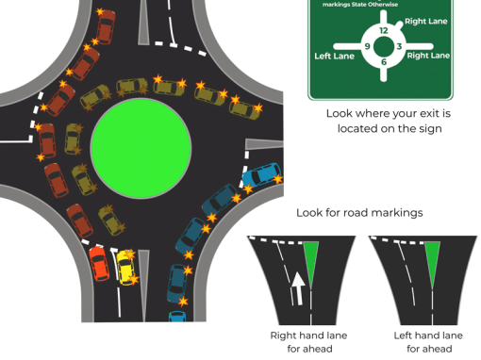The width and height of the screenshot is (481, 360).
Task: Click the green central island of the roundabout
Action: (141, 148)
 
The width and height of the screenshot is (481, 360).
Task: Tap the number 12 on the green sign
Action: (384, 30)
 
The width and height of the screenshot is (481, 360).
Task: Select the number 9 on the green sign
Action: (367, 46)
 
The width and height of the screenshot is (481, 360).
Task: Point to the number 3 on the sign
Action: (399, 46)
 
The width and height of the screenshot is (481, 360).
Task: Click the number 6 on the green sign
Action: (384, 62)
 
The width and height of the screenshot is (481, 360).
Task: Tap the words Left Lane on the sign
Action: (334, 57)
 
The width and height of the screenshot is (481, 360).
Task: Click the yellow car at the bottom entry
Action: (125, 268)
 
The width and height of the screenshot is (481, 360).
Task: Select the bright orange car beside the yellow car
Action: (99, 263)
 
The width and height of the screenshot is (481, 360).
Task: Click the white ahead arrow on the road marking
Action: (297, 288)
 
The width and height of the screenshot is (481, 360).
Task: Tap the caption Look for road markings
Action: (359, 213)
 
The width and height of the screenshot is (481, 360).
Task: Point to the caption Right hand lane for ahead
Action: (309, 342)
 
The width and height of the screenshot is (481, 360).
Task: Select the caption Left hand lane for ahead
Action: (428, 342)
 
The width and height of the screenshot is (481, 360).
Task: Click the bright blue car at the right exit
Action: (261, 174)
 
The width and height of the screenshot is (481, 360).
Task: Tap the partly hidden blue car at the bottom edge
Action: (177, 317)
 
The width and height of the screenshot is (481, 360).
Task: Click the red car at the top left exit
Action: (106, 26)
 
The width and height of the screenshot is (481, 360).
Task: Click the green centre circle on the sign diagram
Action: (384, 46)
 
